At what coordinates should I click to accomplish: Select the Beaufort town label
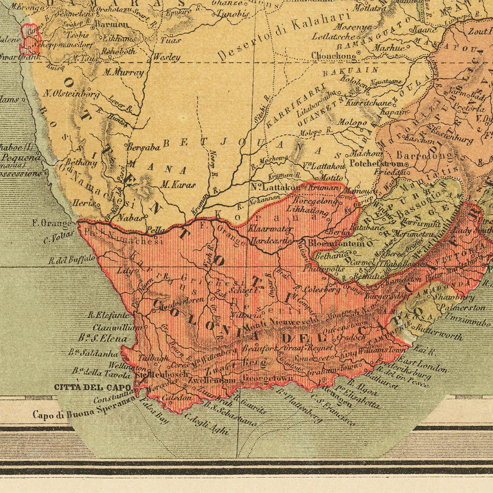[x=256, y=348]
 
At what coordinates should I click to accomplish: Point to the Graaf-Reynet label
[x=308, y=348]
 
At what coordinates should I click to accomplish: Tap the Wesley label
[x=167, y=56]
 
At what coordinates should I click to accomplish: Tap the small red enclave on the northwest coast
[x=29, y=39]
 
